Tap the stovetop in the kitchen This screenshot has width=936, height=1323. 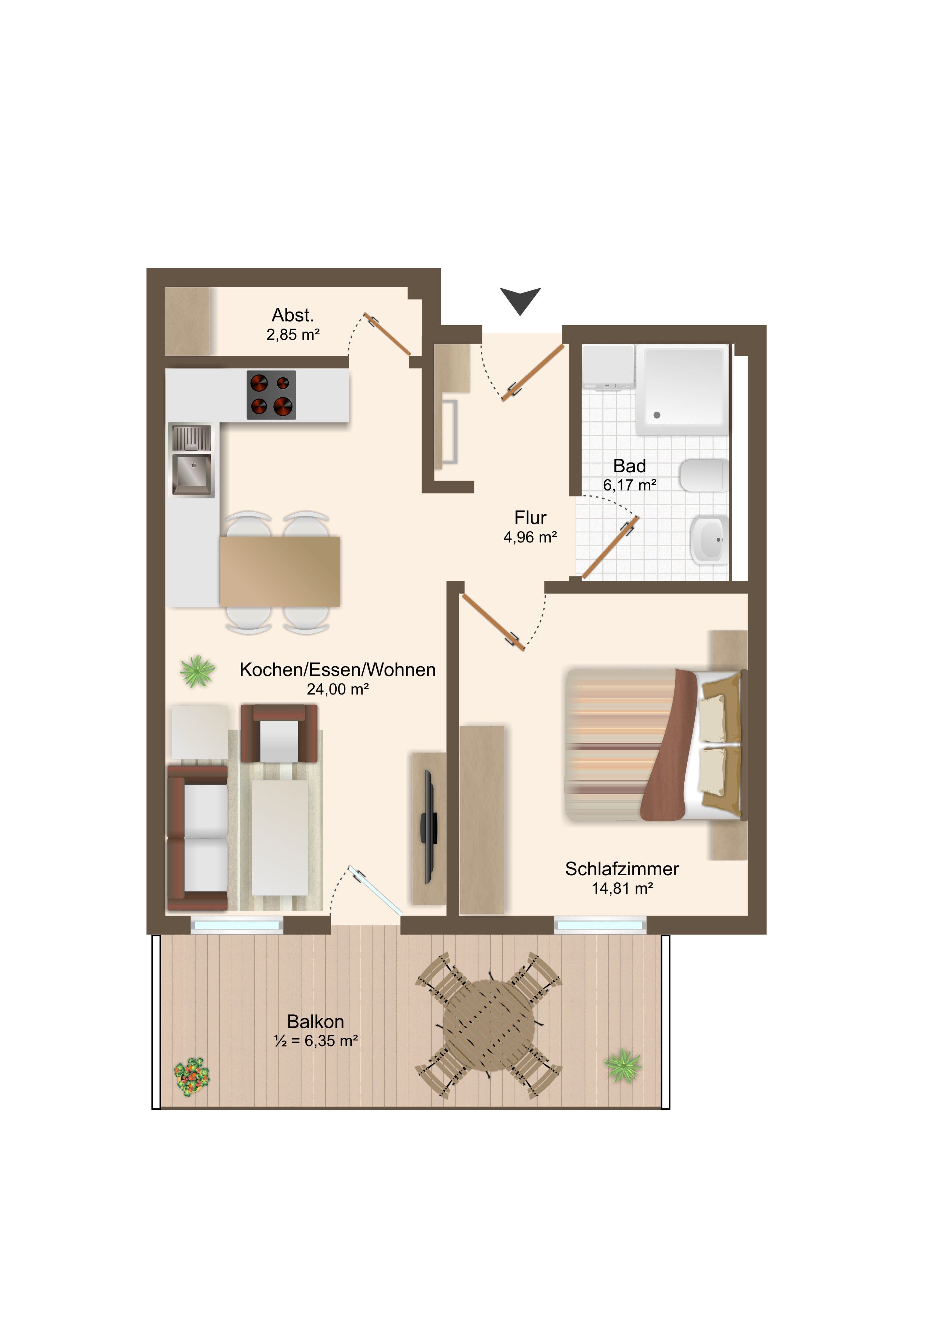click(x=271, y=395)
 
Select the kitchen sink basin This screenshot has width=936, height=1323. click(x=192, y=474)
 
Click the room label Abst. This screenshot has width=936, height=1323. click(x=293, y=315)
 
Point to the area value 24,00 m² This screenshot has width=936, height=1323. click(x=338, y=689)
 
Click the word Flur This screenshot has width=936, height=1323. click(x=530, y=518)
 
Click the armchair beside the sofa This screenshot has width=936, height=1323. click(x=279, y=733)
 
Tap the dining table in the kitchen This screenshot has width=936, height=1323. click(x=280, y=572)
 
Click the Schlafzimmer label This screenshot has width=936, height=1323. click(x=622, y=869)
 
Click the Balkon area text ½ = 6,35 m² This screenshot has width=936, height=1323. click(x=316, y=1041)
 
